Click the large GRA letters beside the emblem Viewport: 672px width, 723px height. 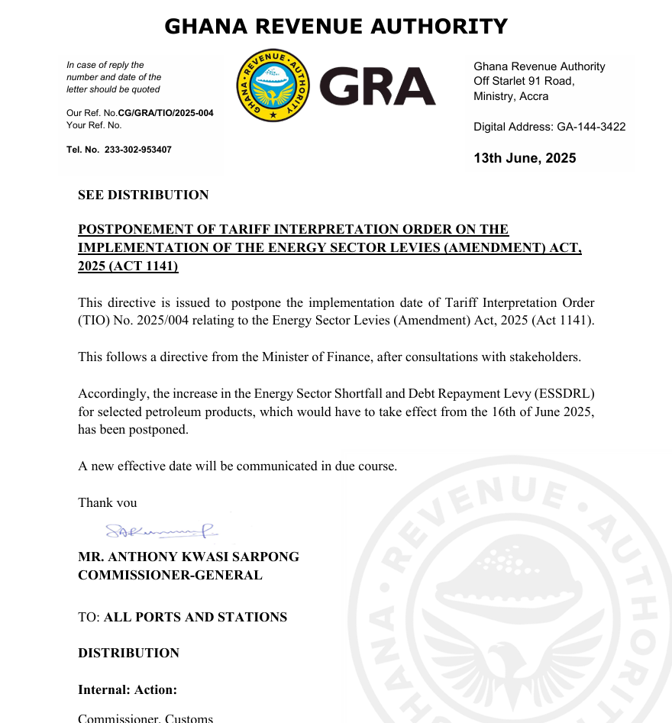tap(376, 86)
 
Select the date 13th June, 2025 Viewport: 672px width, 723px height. tap(525, 158)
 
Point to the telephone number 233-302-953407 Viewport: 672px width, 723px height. tap(137, 150)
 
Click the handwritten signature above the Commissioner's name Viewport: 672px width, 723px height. tap(160, 528)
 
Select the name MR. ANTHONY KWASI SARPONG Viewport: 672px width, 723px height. tap(189, 557)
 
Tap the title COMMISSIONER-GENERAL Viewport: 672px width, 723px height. tap(170, 575)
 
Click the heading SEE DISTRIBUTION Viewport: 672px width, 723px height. tap(143, 195)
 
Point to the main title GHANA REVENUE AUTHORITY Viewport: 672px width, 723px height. tap(336, 27)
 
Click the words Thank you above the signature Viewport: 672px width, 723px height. tap(108, 502)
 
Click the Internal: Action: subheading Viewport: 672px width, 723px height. tap(128, 689)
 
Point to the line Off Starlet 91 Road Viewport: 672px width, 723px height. tap(524, 81)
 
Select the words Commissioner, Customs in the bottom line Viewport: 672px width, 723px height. tap(146, 718)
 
